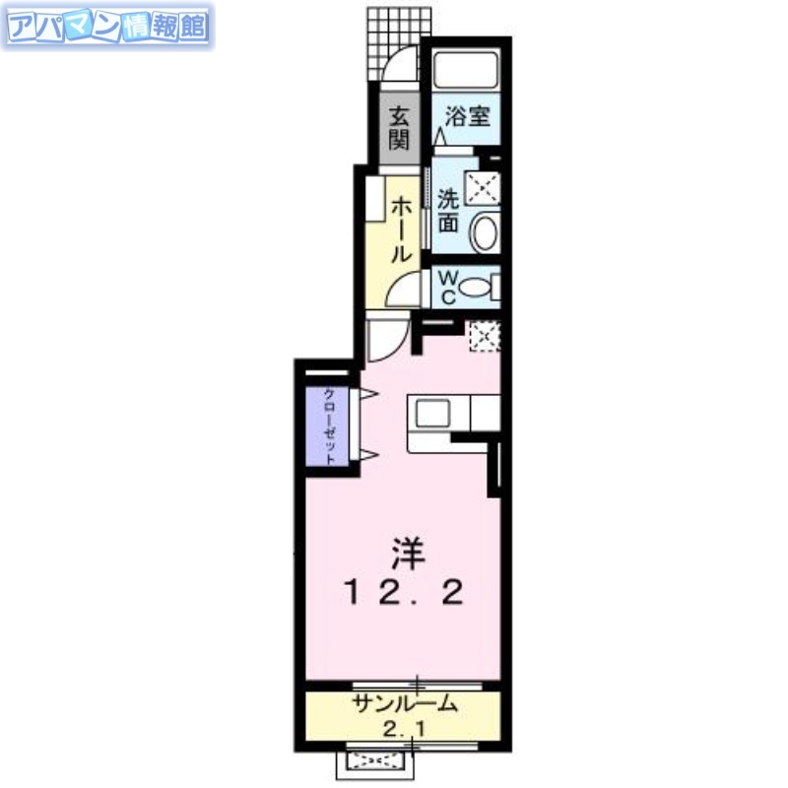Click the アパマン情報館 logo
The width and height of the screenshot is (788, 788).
tap(107, 27)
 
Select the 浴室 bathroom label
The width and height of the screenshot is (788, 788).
tap(467, 116)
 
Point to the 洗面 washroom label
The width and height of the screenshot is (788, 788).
tap(448, 210)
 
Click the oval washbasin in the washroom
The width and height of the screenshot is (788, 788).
tap(485, 233)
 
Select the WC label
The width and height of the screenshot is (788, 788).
tap(445, 287)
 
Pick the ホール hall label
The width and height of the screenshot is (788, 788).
tap(401, 229)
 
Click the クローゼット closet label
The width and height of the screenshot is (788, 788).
tap(331, 426)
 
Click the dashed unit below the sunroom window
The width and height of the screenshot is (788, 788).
tap(376, 760)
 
